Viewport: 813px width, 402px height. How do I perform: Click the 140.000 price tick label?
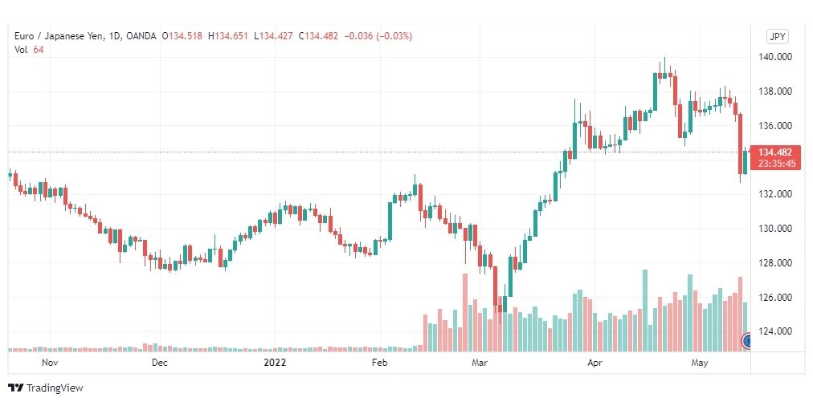(x=777, y=57)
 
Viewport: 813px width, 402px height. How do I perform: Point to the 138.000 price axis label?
(x=777, y=91)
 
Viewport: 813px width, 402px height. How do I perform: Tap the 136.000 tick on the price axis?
(x=777, y=126)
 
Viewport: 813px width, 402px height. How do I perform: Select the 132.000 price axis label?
(x=777, y=194)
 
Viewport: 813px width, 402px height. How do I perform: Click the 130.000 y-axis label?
(x=777, y=229)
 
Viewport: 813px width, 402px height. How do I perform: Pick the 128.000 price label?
(x=777, y=263)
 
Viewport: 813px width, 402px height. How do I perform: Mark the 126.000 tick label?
(x=777, y=298)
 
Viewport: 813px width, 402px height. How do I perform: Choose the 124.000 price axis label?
(x=777, y=331)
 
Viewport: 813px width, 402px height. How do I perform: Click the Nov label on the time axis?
(x=50, y=363)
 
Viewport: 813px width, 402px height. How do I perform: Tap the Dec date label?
(x=159, y=363)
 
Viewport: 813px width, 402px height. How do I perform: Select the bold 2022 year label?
(x=276, y=363)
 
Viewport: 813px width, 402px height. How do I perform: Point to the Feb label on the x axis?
(x=380, y=363)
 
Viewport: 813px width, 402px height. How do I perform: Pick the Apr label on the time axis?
(x=595, y=363)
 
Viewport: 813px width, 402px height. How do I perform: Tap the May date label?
(x=699, y=363)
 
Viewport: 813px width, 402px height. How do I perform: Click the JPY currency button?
(x=777, y=36)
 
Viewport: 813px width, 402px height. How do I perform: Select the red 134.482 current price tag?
(x=777, y=152)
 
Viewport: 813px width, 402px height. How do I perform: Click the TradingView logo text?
(x=55, y=388)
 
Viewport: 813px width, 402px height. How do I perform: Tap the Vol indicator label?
(x=21, y=50)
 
